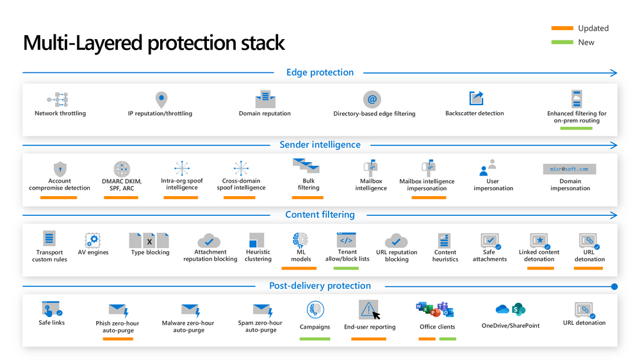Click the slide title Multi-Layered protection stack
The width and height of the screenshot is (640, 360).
click(x=154, y=43)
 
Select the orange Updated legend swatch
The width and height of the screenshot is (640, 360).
click(x=562, y=28)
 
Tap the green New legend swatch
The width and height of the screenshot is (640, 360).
click(x=562, y=42)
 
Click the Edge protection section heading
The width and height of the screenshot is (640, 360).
click(x=320, y=72)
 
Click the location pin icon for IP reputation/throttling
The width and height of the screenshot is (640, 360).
click(x=161, y=100)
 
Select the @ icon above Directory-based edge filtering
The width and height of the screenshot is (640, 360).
click(x=372, y=99)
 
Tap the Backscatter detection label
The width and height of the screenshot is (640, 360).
click(x=474, y=113)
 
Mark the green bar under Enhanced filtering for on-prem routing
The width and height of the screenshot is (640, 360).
click(x=576, y=128)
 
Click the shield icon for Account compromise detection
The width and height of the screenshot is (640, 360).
click(x=60, y=168)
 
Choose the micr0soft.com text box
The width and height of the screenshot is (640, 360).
click(x=570, y=169)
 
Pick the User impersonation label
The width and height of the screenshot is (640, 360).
click(x=493, y=184)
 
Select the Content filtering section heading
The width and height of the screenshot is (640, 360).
click(x=320, y=215)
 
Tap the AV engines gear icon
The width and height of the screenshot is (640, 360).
click(x=94, y=240)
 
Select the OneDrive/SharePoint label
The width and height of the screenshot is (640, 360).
click(x=510, y=325)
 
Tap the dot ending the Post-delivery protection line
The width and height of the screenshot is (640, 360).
click(x=614, y=286)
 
